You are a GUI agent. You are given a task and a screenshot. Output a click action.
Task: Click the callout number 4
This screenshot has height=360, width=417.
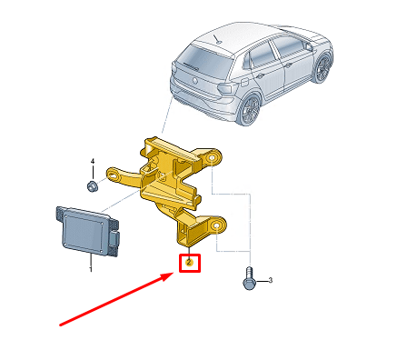coord(93,161)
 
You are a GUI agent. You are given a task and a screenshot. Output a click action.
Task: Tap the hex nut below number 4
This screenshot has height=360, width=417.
coord(92,185)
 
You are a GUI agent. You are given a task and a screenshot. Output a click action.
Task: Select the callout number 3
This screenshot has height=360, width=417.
coord(271,280)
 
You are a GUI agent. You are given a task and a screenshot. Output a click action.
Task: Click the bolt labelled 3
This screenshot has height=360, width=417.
coord(249,278)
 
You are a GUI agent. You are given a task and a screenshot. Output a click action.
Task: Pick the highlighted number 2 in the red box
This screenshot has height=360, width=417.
coord(189,263)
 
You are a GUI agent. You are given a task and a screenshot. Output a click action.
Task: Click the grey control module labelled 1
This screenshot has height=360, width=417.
coord(87,231)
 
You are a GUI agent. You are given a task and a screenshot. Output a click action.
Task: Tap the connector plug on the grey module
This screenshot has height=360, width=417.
coord(114,238)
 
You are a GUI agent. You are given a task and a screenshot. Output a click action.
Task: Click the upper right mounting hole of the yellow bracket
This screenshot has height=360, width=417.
coord(212,158)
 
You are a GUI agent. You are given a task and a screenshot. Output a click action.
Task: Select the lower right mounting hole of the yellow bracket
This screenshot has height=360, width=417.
coord(216,226)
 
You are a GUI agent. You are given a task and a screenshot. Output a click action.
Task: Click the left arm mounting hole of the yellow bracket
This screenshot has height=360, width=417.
coord(114,175)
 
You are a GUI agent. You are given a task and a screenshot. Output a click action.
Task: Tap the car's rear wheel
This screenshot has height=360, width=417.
coord(250,109)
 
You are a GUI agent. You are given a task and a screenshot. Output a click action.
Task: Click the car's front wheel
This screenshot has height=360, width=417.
coord(323,67)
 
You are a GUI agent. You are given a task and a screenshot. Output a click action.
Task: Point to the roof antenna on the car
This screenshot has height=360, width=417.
coord(216,39)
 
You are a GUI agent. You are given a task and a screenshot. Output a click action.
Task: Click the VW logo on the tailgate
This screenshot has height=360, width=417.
coord(195,80)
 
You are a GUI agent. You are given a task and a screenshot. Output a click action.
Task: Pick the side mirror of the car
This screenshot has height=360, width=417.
coord(309,46)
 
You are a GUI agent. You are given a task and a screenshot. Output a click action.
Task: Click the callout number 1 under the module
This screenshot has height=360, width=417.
coord(90,268)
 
